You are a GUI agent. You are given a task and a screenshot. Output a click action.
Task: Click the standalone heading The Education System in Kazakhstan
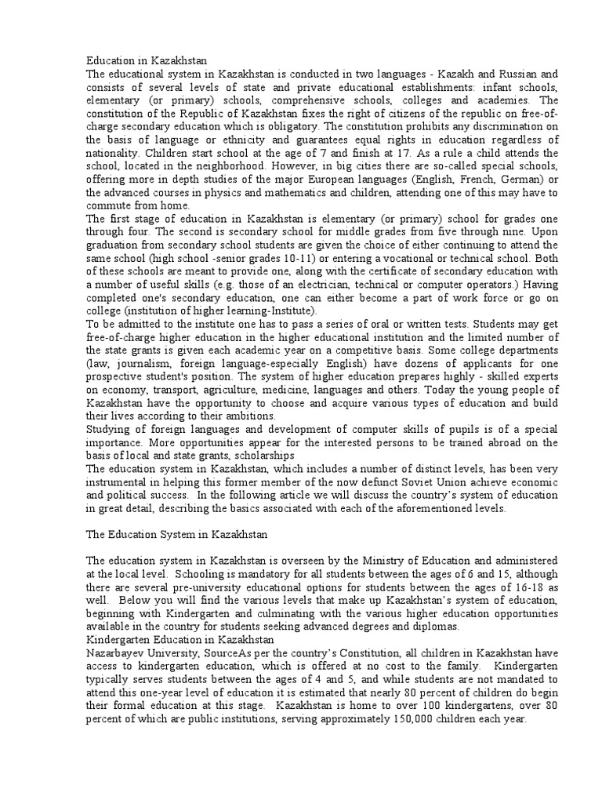click(x=176, y=535)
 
